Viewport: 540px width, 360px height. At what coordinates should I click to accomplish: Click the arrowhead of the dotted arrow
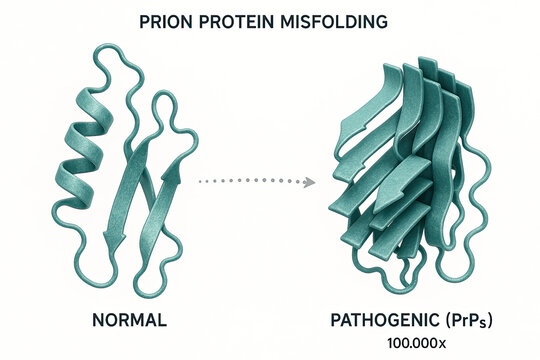tap(309, 181)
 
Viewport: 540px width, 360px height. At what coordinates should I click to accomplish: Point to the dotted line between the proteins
tap(250, 181)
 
